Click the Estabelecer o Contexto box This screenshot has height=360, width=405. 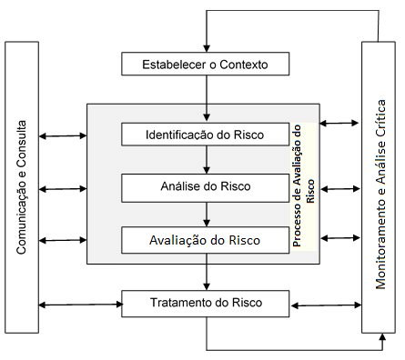point(206,65)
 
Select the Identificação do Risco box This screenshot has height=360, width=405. point(206,135)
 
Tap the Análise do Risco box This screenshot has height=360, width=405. point(206,187)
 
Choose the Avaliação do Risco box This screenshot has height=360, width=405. point(206,241)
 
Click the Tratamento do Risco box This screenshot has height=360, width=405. point(206,302)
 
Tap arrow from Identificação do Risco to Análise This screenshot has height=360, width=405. point(207,161)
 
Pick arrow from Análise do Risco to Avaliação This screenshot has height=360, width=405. point(207,215)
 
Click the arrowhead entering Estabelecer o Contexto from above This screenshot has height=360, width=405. point(207,48)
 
